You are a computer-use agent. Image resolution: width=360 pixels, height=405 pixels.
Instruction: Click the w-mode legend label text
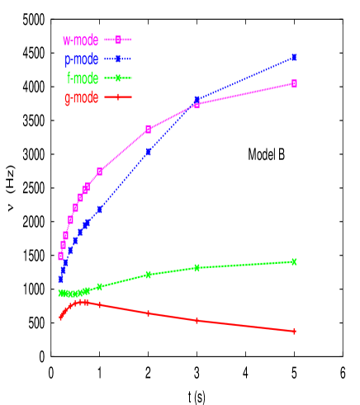pos(80,40)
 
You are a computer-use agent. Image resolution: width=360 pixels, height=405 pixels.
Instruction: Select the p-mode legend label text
pos(81,59)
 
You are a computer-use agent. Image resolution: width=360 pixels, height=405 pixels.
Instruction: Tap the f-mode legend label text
pos(82,79)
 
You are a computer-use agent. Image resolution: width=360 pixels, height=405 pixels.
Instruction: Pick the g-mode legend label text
pos(81,99)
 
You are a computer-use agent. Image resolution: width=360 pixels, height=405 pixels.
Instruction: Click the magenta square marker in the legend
pos(118,40)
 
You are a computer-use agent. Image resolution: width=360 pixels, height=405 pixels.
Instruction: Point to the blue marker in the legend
pos(118,59)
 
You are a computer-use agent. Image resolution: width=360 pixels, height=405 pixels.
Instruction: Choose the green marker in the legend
pos(118,79)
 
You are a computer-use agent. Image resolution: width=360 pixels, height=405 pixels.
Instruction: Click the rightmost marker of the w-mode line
pos(295,83)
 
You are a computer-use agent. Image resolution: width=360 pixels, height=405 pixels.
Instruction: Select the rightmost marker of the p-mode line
pos(295,58)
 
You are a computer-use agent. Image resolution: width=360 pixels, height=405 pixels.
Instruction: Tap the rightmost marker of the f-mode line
pos(295,261)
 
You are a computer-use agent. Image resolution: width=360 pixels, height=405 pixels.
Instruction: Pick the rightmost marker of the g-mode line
pos(295,331)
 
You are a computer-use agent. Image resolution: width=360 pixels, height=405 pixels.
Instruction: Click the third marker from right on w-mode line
pos(149,129)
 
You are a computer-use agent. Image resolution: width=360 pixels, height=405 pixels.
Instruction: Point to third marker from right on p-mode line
pos(149,152)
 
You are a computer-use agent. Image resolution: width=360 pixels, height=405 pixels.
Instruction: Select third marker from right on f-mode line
pos(149,274)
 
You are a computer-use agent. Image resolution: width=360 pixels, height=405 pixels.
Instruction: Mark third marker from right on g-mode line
pos(149,313)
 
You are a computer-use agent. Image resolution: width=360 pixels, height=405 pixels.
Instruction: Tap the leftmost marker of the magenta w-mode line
pos(60,256)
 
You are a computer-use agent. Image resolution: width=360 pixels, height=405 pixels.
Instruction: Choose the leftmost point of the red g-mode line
pos(60,318)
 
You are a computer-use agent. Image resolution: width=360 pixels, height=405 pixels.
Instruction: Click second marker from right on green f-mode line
pos(197,267)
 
